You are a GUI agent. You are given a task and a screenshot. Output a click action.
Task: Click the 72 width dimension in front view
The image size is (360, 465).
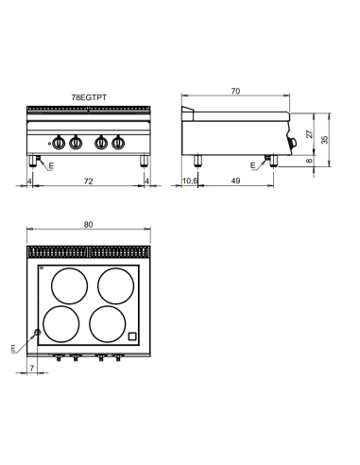pos(88,179)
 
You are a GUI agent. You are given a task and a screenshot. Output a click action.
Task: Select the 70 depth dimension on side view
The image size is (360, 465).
pos(235,92)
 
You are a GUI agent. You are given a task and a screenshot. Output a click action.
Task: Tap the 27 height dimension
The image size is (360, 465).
pos(310,134)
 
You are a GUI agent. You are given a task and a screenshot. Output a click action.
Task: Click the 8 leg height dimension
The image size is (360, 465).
pos(310,161)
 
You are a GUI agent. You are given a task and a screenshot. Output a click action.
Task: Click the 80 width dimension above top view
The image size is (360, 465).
pos(88,225)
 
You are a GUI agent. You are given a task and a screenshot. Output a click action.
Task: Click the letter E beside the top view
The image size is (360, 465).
pos(13,350)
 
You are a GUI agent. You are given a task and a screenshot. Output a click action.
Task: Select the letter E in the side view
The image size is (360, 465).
pos(253,165)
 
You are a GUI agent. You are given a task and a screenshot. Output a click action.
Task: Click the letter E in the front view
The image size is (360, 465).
pos(51,165)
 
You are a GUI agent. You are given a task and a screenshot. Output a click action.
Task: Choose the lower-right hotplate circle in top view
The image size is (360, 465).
pos(112,323)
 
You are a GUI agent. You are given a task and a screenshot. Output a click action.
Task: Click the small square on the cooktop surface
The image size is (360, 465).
pos(133,335)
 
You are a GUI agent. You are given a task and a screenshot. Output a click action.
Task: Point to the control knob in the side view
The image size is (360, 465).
pos(295,143)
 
